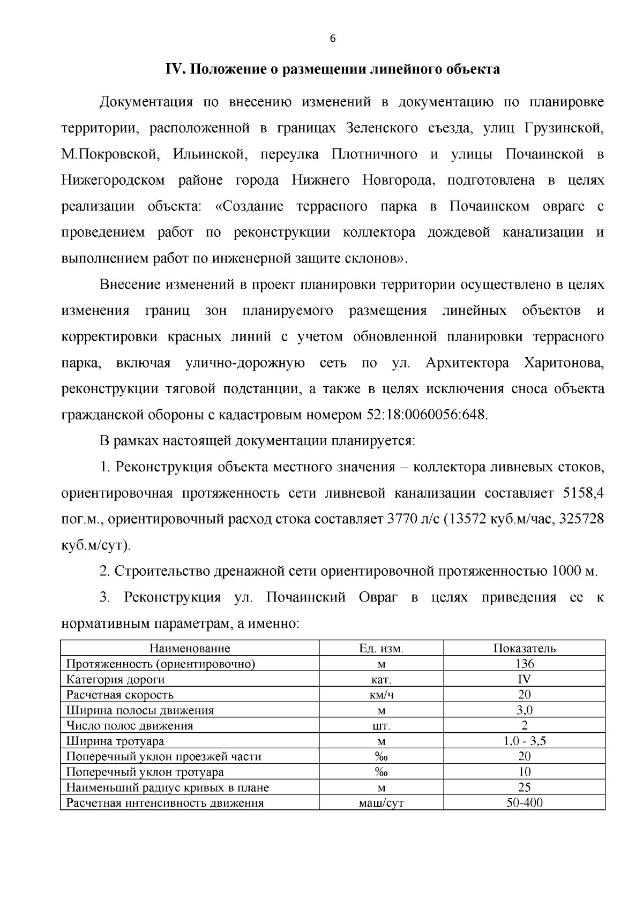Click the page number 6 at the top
tap(333, 39)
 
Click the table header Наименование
tap(190, 648)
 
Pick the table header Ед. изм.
tap(381, 648)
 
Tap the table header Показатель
tap(524, 648)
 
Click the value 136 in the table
tap(524, 664)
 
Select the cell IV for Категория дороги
tap(524, 679)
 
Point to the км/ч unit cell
tap(381, 695)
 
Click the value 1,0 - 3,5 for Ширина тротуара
tap(524, 741)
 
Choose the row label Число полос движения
tap(130, 726)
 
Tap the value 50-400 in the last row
tap(524, 803)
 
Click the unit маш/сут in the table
tap(381, 803)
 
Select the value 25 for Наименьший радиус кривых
tap(524, 788)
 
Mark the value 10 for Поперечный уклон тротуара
tap(524, 772)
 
